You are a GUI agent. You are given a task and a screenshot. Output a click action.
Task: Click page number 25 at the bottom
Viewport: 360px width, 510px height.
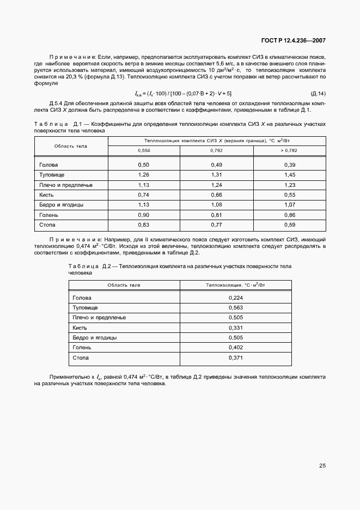click(x=322, y=466)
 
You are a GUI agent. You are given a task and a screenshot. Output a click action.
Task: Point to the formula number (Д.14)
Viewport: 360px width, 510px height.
click(x=318, y=94)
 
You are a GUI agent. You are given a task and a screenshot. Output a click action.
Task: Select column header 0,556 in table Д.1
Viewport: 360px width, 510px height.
click(x=144, y=150)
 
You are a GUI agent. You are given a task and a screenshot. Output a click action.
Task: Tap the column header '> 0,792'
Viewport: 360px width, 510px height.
click(x=289, y=150)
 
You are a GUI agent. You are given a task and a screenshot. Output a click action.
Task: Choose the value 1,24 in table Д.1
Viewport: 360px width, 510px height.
click(x=217, y=185)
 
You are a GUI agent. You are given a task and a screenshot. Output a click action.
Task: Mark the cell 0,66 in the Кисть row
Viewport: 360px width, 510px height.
click(x=217, y=195)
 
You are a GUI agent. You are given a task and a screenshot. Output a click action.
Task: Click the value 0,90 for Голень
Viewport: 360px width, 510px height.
click(x=144, y=214)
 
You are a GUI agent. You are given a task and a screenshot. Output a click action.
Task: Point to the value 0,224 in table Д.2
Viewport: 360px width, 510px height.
click(x=236, y=298)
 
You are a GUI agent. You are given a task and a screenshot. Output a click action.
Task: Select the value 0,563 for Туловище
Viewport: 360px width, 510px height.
click(x=236, y=308)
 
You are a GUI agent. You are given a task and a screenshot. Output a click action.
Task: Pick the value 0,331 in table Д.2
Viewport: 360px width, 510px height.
click(x=236, y=328)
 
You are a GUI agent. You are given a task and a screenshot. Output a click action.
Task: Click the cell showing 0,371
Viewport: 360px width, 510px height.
click(x=236, y=358)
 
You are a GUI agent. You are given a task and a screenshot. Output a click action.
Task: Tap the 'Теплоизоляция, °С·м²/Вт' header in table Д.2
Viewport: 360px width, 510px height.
click(x=235, y=285)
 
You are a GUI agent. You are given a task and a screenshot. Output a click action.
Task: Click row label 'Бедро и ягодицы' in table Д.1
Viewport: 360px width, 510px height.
click(x=61, y=204)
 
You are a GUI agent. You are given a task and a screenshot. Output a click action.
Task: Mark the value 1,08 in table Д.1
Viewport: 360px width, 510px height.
click(x=217, y=204)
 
